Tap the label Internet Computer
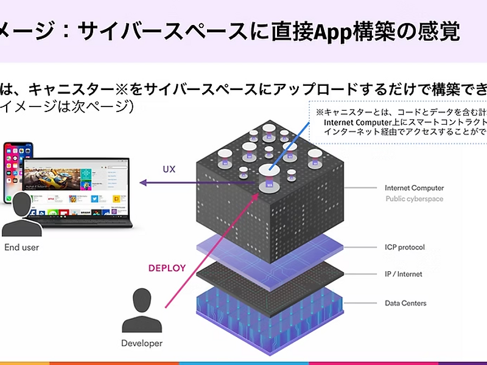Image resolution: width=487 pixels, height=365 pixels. tap(414, 188)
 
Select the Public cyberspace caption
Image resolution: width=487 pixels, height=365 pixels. tap(414, 199)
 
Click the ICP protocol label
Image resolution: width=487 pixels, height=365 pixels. tap(404, 248)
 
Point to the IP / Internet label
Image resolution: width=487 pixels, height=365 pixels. tap(403, 274)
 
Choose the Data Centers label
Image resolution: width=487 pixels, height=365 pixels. tap(405, 303)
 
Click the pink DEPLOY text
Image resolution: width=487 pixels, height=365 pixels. tap(167, 268)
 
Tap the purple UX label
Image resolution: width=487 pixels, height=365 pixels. tap(169, 169)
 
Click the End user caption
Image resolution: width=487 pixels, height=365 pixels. tap(21, 248)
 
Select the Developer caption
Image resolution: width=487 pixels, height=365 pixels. tap(142, 343)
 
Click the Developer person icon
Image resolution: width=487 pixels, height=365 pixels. tap(142, 310)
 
